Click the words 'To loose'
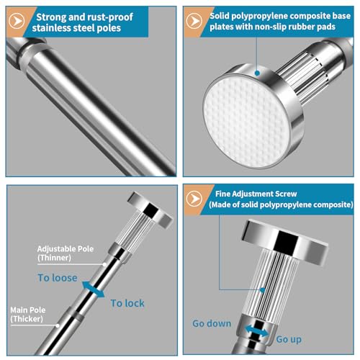tap(58, 278)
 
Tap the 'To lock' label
tap(127, 303)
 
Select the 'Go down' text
tap(212, 323)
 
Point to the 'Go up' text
tap(289, 339)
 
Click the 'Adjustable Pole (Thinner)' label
tap(66, 253)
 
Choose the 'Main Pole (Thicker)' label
tap(28, 315)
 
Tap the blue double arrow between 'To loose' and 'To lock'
tap(93, 289)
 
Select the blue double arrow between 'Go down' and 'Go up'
tap(257, 330)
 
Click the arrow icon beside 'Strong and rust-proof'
tap(17, 21)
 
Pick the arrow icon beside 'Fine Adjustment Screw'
tap(194, 199)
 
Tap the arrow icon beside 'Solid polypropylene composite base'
tap(194, 21)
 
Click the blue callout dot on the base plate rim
tap(257, 73)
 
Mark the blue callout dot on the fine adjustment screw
tap(263, 290)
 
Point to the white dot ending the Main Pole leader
tap(58, 325)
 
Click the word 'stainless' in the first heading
tap(51, 28)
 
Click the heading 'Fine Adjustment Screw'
tap(256, 194)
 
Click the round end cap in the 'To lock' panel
tap(150, 210)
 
